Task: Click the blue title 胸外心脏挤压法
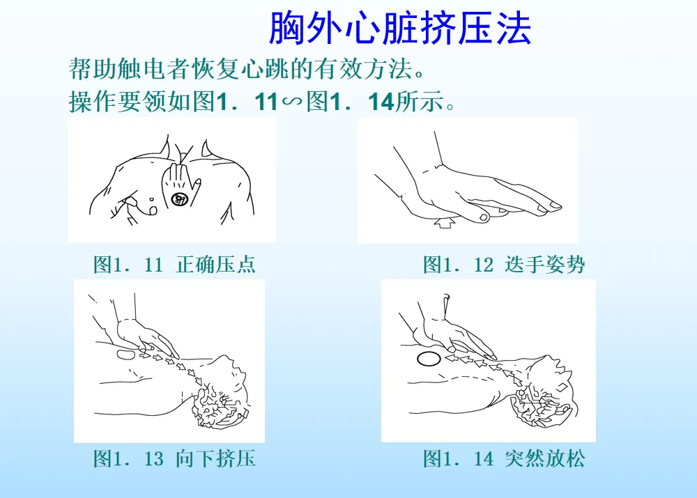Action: click(400, 29)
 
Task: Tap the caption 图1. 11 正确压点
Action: click(174, 265)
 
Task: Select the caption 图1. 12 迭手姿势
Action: click(504, 265)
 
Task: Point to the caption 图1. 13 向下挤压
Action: click(174, 458)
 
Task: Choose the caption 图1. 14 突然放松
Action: click(504, 458)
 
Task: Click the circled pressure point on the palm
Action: click(180, 199)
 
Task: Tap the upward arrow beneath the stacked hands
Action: click(445, 222)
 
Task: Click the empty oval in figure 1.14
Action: click(429, 359)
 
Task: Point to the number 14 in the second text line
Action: click(381, 102)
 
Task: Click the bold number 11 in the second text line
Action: click(267, 102)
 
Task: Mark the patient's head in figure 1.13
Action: click(221, 393)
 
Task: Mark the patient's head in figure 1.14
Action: click(544, 391)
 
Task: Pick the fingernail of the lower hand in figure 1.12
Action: click(483, 217)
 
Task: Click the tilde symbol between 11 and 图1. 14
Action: click(291, 102)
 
